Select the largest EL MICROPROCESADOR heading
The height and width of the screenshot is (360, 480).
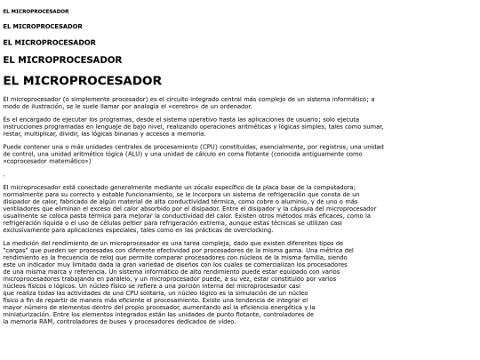pyautogui.click(x=82, y=81)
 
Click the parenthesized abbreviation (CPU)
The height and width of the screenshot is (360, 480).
pyautogui.click(x=211, y=146)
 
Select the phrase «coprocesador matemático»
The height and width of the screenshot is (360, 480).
pyautogui.click(x=40, y=160)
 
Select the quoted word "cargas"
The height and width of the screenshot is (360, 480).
pyautogui.click(x=20, y=249)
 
